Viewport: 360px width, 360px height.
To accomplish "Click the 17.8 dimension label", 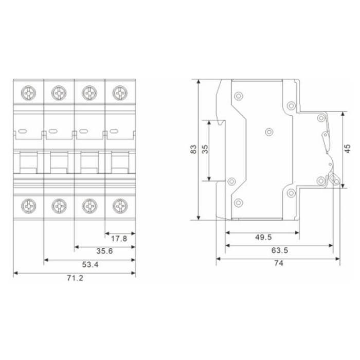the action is [x=119, y=239].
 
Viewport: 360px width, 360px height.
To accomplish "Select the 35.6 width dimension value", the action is [x=104, y=251].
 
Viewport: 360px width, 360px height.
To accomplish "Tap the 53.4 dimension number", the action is [x=90, y=264].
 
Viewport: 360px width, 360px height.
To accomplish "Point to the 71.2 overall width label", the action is [x=75, y=278].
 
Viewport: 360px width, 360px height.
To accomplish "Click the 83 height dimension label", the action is [x=193, y=149].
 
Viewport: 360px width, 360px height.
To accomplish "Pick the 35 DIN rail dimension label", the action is [x=205, y=149].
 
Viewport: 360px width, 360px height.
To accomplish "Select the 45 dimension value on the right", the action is [x=347, y=149].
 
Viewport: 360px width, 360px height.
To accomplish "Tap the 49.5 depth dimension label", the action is [x=263, y=237].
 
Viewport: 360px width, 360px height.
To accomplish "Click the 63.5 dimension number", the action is [x=280, y=250].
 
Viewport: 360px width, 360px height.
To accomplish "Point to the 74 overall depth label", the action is [x=279, y=263].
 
